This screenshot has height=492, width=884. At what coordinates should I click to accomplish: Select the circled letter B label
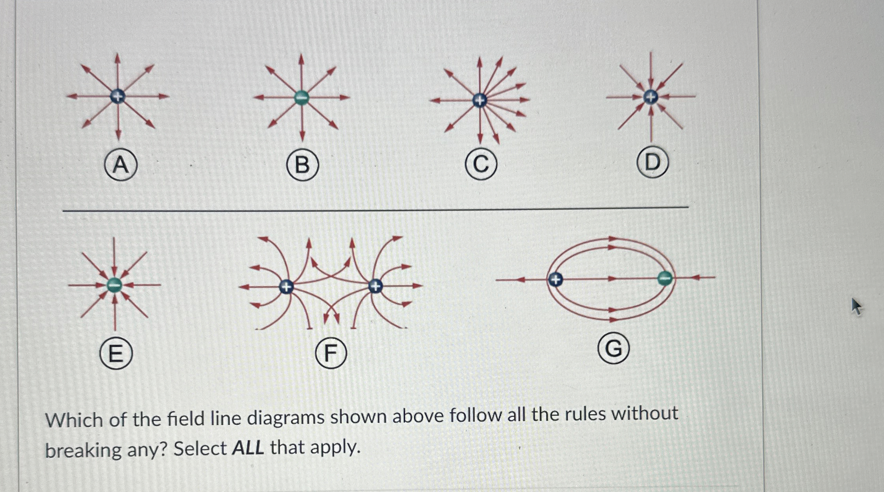pos(302,165)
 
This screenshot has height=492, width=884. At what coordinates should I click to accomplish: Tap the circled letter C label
pos(481,165)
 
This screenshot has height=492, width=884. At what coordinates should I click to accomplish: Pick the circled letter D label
pos(652,162)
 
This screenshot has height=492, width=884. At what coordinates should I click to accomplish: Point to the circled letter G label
pos(613,349)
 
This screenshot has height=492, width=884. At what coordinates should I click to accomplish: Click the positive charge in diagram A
pos(118,96)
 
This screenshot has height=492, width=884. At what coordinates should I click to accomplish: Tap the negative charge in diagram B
pos(301,97)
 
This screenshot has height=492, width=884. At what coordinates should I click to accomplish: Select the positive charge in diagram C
pos(479,100)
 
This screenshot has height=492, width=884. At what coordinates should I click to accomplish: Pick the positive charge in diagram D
pos(651,97)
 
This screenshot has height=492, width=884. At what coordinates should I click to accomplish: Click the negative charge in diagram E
pos(114,285)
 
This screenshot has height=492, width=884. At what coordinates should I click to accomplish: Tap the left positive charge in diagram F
pos(286,287)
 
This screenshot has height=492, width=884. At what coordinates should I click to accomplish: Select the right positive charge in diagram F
pos(375,286)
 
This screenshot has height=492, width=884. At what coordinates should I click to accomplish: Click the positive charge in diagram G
pos(555,280)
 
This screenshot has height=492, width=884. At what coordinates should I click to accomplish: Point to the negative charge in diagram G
pos(665,278)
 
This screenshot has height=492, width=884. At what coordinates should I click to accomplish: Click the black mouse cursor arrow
pos(856,306)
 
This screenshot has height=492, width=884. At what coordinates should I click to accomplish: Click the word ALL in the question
pos(248,448)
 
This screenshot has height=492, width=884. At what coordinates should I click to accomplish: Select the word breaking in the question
pos(83,450)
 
